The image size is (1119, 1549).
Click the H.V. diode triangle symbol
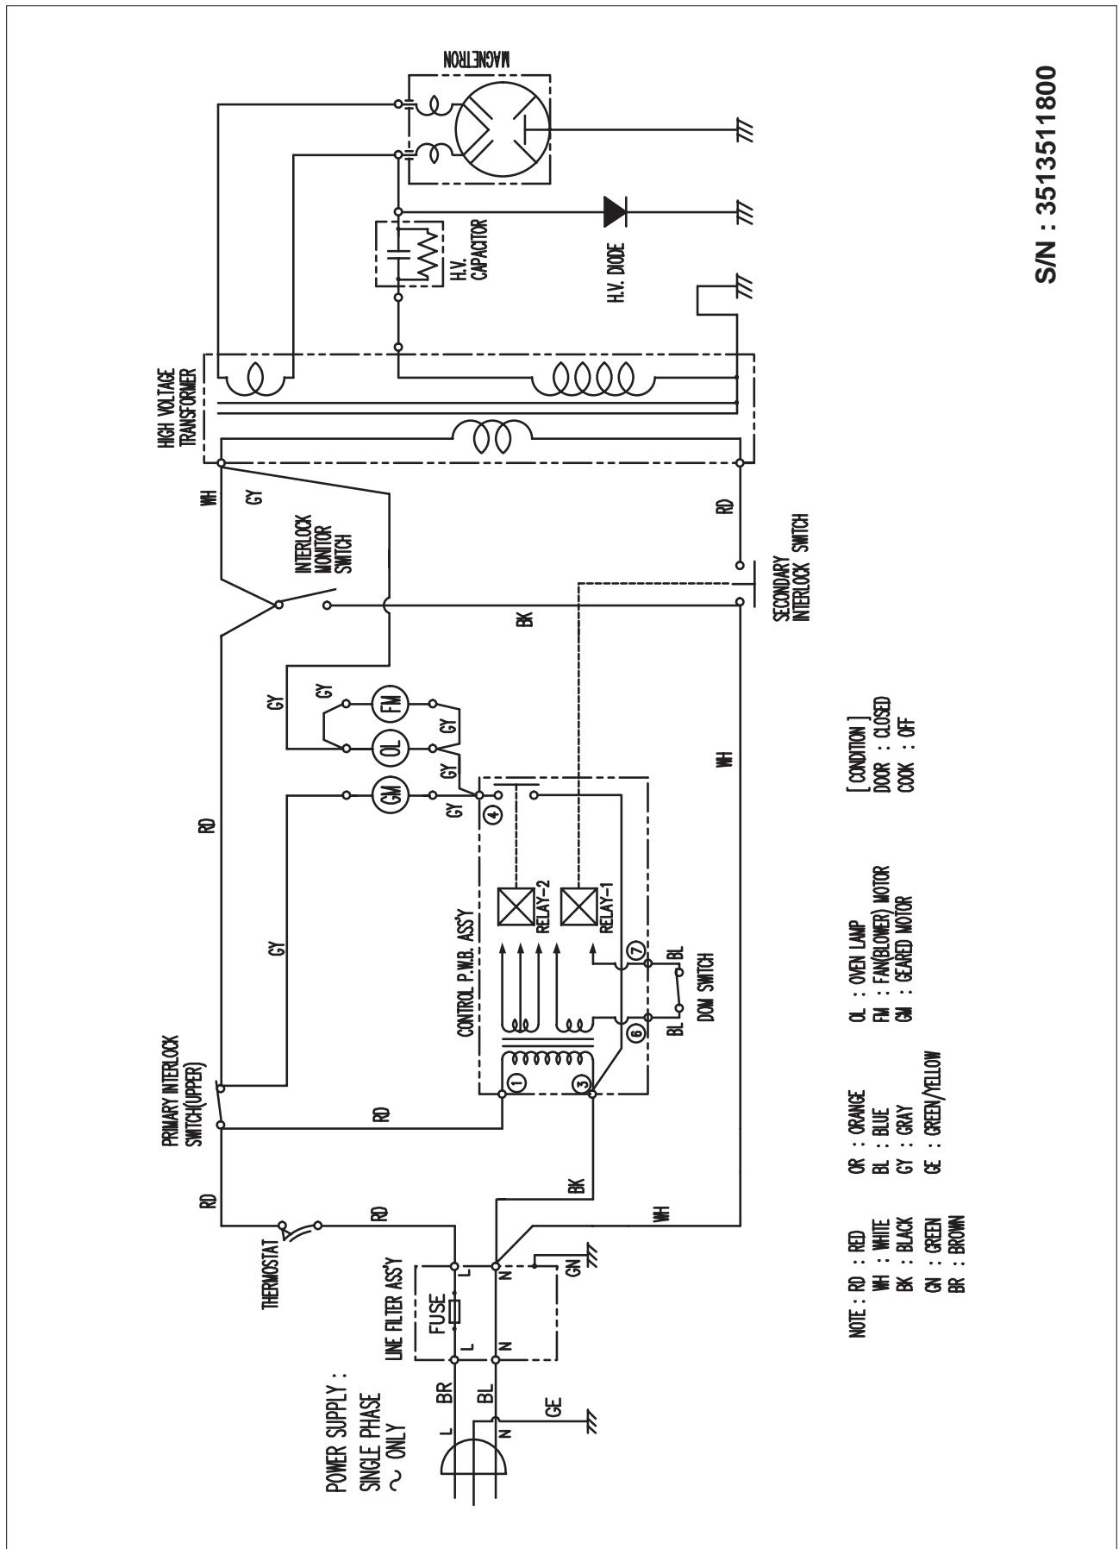click(615, 209)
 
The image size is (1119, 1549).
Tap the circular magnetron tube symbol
click(503, 129)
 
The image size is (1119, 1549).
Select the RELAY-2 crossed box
click(516, 906)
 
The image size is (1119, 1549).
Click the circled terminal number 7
click(637, 949)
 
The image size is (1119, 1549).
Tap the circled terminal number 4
click(492, 812)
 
